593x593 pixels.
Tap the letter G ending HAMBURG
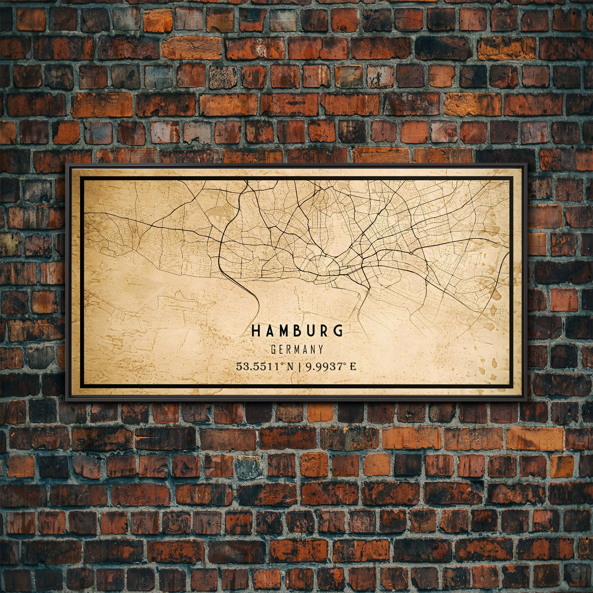(x=338, y=331)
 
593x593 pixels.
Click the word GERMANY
(x=297, y=350)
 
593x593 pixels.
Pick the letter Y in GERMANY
(x=320, y=350)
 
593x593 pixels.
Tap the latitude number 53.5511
(x=257, y=366)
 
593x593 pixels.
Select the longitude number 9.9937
(x=323, y=366)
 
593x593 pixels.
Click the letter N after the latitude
(x=290, y=366)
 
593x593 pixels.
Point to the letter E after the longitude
(x=353, y=366)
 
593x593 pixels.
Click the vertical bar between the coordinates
(x=299, y=366)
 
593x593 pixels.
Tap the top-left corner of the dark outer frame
(x=67, y=165)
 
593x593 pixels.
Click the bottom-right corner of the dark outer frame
(x=526, y=400)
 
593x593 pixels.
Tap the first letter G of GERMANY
(x=273, y=350)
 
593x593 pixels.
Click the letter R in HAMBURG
(x=324, y=331)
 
